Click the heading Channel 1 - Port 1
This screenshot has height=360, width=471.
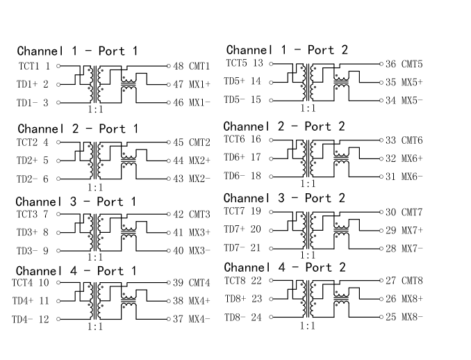[77, 51]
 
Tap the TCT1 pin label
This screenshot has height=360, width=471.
[28, 67]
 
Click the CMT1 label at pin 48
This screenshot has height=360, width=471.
[199, 67]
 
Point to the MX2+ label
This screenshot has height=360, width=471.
[199, 161]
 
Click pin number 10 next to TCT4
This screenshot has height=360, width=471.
[43, 283]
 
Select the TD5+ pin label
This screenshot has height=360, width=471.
[236, 81]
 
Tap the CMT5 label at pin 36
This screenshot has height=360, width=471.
[412, 64]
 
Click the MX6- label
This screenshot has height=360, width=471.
[411, 177]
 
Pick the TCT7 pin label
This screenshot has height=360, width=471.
[236, 211]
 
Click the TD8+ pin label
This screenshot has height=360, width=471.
[236, 299]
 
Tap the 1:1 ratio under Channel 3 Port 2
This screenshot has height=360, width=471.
[306, 256]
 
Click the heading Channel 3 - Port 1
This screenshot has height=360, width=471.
[76, 202]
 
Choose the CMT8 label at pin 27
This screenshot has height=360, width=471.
[412, 281]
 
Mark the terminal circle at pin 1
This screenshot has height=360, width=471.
[58, 67]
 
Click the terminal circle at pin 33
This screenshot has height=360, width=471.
[381, 140]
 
